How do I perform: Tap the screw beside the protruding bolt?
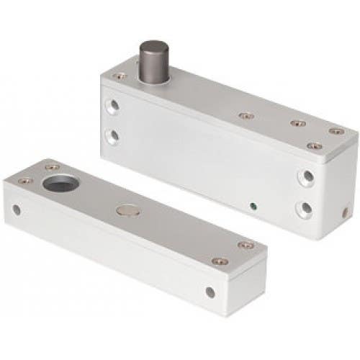pos(120,75)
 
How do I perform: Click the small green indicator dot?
pos(253,205)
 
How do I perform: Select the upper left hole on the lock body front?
pos(112,106)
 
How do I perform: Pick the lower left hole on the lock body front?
pos(112,135)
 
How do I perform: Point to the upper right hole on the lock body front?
pos(307,176)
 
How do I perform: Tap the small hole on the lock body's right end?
pos(346,212)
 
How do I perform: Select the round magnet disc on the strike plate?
pos(128,210)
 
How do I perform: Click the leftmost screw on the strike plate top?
pos(24,180)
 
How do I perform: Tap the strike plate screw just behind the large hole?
pos(52,167)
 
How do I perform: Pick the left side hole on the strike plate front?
pos(16,210)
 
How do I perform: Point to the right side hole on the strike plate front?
pos(210,292)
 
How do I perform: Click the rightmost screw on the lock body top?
pos(336,131)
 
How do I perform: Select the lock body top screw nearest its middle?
pos(246,115)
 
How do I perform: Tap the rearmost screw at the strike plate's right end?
pos(246,245)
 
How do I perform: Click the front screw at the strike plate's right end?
pos(220,261)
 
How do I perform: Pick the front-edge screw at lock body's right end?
pos(314,146)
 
